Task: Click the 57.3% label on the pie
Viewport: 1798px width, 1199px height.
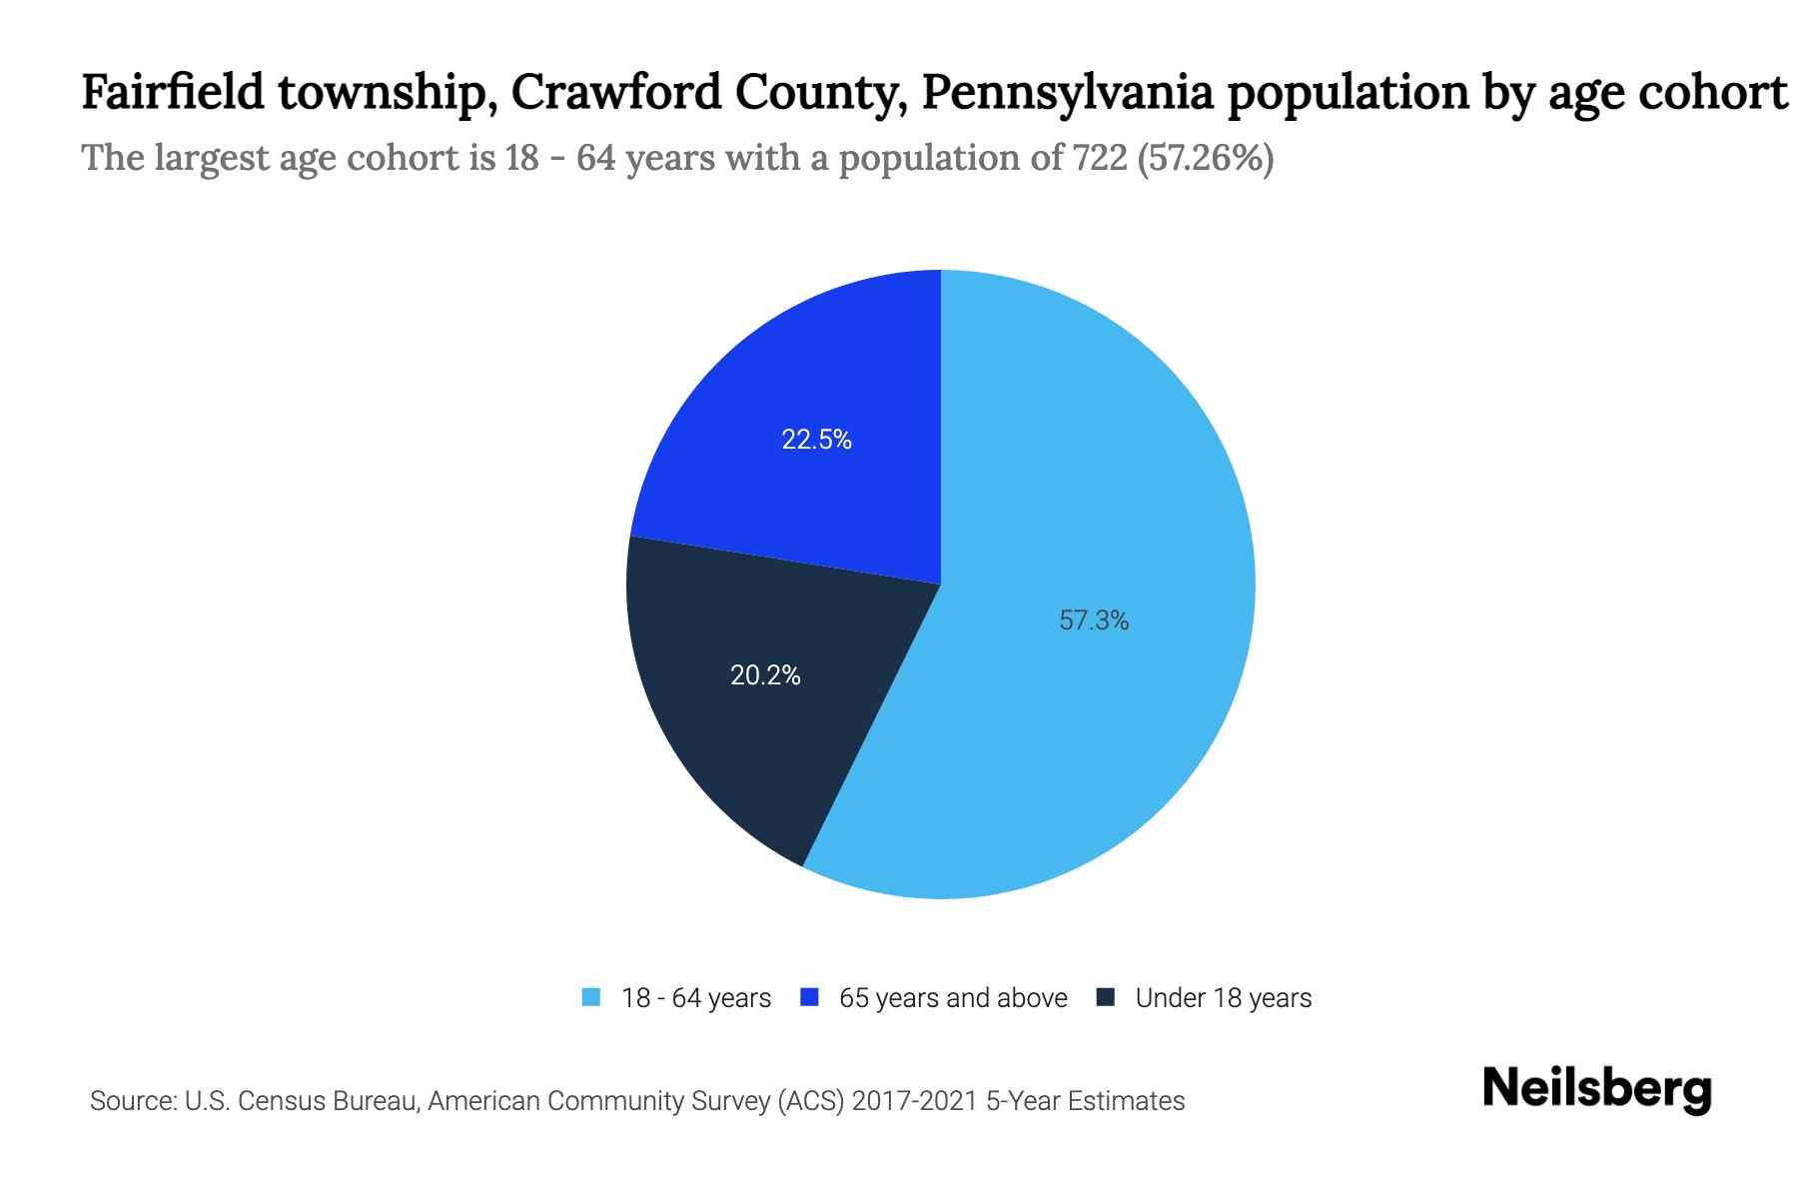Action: (x=1094, y=620)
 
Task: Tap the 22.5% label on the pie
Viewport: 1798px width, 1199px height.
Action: (x=816, y=440)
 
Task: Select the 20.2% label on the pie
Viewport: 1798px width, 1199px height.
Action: (x=765, y=675)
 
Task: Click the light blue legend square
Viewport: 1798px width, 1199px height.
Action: (x=591, y=997)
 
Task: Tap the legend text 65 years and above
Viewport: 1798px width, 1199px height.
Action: (x=953, y=998)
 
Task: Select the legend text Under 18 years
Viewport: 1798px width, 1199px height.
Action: (x=1223, y=998)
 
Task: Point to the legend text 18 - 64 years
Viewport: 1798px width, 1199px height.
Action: (x=696, y=998)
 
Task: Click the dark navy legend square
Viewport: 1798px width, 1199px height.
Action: (x=1106, y=997)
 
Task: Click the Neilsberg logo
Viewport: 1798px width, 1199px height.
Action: (x=1596, y=1089)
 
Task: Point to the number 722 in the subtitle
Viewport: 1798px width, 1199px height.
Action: (x=1101, y=158)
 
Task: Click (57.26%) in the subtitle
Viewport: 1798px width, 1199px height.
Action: (x=1206, y=158)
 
